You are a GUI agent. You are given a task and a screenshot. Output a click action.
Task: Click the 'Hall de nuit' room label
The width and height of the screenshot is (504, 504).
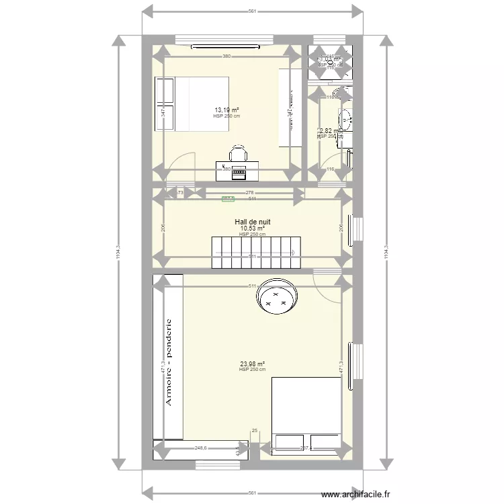click(x=253, y=222)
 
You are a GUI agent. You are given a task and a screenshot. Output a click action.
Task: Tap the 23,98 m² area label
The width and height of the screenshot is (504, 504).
click(x=252, y=364)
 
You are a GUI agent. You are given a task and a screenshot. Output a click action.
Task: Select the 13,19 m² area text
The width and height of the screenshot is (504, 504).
click(x=227, y=110)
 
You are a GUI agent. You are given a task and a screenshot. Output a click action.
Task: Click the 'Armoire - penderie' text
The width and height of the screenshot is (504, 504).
click(x=169, y=363)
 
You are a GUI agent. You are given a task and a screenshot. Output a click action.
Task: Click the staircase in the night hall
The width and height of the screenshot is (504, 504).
click(x=254, y=252)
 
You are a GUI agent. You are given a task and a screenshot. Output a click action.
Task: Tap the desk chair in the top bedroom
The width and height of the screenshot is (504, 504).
click(x=239, y=153)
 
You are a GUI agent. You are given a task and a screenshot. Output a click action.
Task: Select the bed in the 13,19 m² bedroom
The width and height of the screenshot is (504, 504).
click(x=192, y=104)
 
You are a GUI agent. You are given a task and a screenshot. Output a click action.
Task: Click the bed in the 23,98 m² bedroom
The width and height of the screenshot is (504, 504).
click(x=306, y=413)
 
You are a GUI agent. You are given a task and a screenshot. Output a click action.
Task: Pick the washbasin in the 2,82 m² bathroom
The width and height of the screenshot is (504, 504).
click(x=346, y=120)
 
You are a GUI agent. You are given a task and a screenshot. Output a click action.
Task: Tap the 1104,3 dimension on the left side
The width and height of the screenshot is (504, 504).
click(x=118, y=255)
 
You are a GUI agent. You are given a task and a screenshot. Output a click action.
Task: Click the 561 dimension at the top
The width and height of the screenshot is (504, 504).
click(x=253, y=11)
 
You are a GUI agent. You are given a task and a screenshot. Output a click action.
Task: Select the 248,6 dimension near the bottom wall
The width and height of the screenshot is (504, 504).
click(x=200, y=448)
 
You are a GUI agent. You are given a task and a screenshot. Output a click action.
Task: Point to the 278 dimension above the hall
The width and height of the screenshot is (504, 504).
click(x=232, y=193)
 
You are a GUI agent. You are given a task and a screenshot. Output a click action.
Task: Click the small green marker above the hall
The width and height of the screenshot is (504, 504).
click(x=228, y=198)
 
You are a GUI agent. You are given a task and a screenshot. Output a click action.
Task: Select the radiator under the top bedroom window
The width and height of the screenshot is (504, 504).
click(x=225, y=47)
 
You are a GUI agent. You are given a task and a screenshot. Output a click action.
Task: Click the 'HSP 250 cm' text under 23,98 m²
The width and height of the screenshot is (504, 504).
click(x=252, y=370)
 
